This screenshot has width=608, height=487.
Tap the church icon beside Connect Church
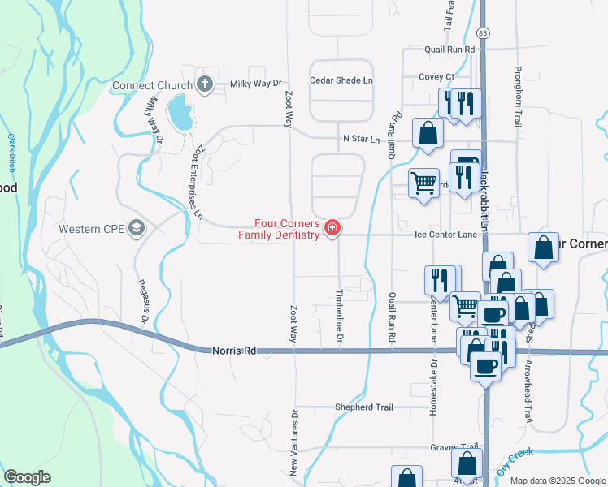[x=204, y=84]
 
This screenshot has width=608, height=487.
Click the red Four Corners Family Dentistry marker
[x=332, y=229]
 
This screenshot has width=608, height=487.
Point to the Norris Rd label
[x=233, y=351]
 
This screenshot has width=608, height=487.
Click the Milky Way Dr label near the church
[x=254, y=84]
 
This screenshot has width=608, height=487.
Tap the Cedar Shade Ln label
[x=341, y=80]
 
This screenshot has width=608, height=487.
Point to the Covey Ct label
[x=436, y=77]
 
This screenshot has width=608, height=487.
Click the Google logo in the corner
[x=27, y=476]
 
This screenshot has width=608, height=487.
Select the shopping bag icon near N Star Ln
[x=428, y=134]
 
